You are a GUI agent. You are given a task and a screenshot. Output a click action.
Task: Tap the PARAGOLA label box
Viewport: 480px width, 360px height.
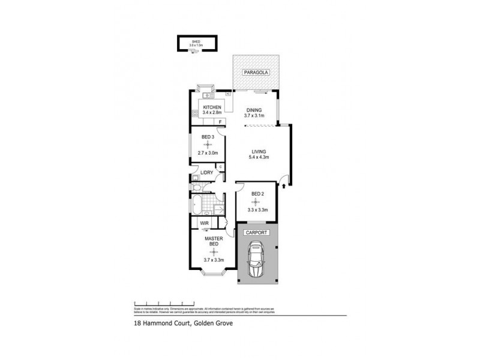[x=256, y=73]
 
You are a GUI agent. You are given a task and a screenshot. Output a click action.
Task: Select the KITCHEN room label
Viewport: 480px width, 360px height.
[x=212, y=107]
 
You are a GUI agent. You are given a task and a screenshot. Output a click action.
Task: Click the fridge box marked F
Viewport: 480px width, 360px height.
[x=221, y=122]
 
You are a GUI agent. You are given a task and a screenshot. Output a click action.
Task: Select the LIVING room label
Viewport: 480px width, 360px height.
[x=259, y=151]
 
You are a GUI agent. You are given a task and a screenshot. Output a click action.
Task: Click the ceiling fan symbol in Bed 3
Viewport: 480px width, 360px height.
[x=208, y=144]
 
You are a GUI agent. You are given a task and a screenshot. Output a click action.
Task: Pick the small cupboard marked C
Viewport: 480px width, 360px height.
[x=221, y=166]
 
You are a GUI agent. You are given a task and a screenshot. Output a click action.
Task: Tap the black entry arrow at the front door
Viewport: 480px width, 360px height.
[x=284, y=187]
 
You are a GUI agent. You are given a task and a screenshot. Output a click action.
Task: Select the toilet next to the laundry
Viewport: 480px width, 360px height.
[x=195, y=178]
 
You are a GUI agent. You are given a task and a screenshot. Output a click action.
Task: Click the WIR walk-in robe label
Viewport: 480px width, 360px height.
[x=203, y=224]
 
